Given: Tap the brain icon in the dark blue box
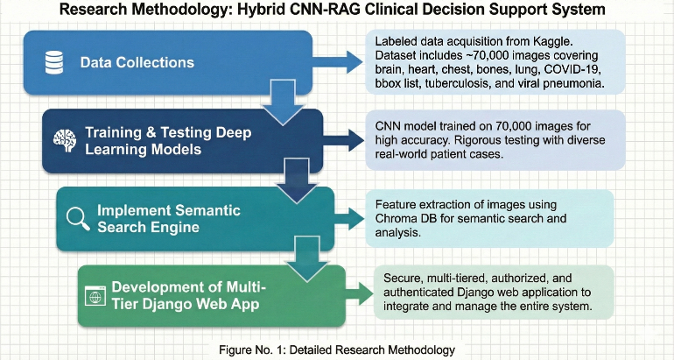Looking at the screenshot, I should click(x=61, y=138).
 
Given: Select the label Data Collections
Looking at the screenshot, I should click(x=137, y=63).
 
